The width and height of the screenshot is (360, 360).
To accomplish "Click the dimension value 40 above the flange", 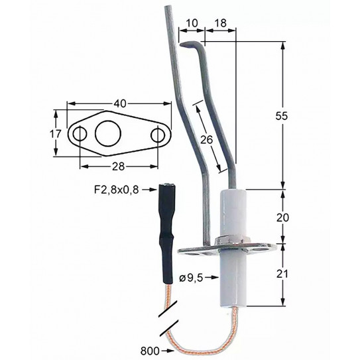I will click(x=119, y=104).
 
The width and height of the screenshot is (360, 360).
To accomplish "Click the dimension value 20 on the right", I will click(x=284, y=216).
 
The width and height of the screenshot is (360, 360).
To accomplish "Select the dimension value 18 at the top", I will click(x=220, y=22).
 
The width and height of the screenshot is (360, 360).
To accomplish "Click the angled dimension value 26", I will click(x=206, y=139).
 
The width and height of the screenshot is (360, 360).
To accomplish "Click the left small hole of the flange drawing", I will click(x=79, y=135).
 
